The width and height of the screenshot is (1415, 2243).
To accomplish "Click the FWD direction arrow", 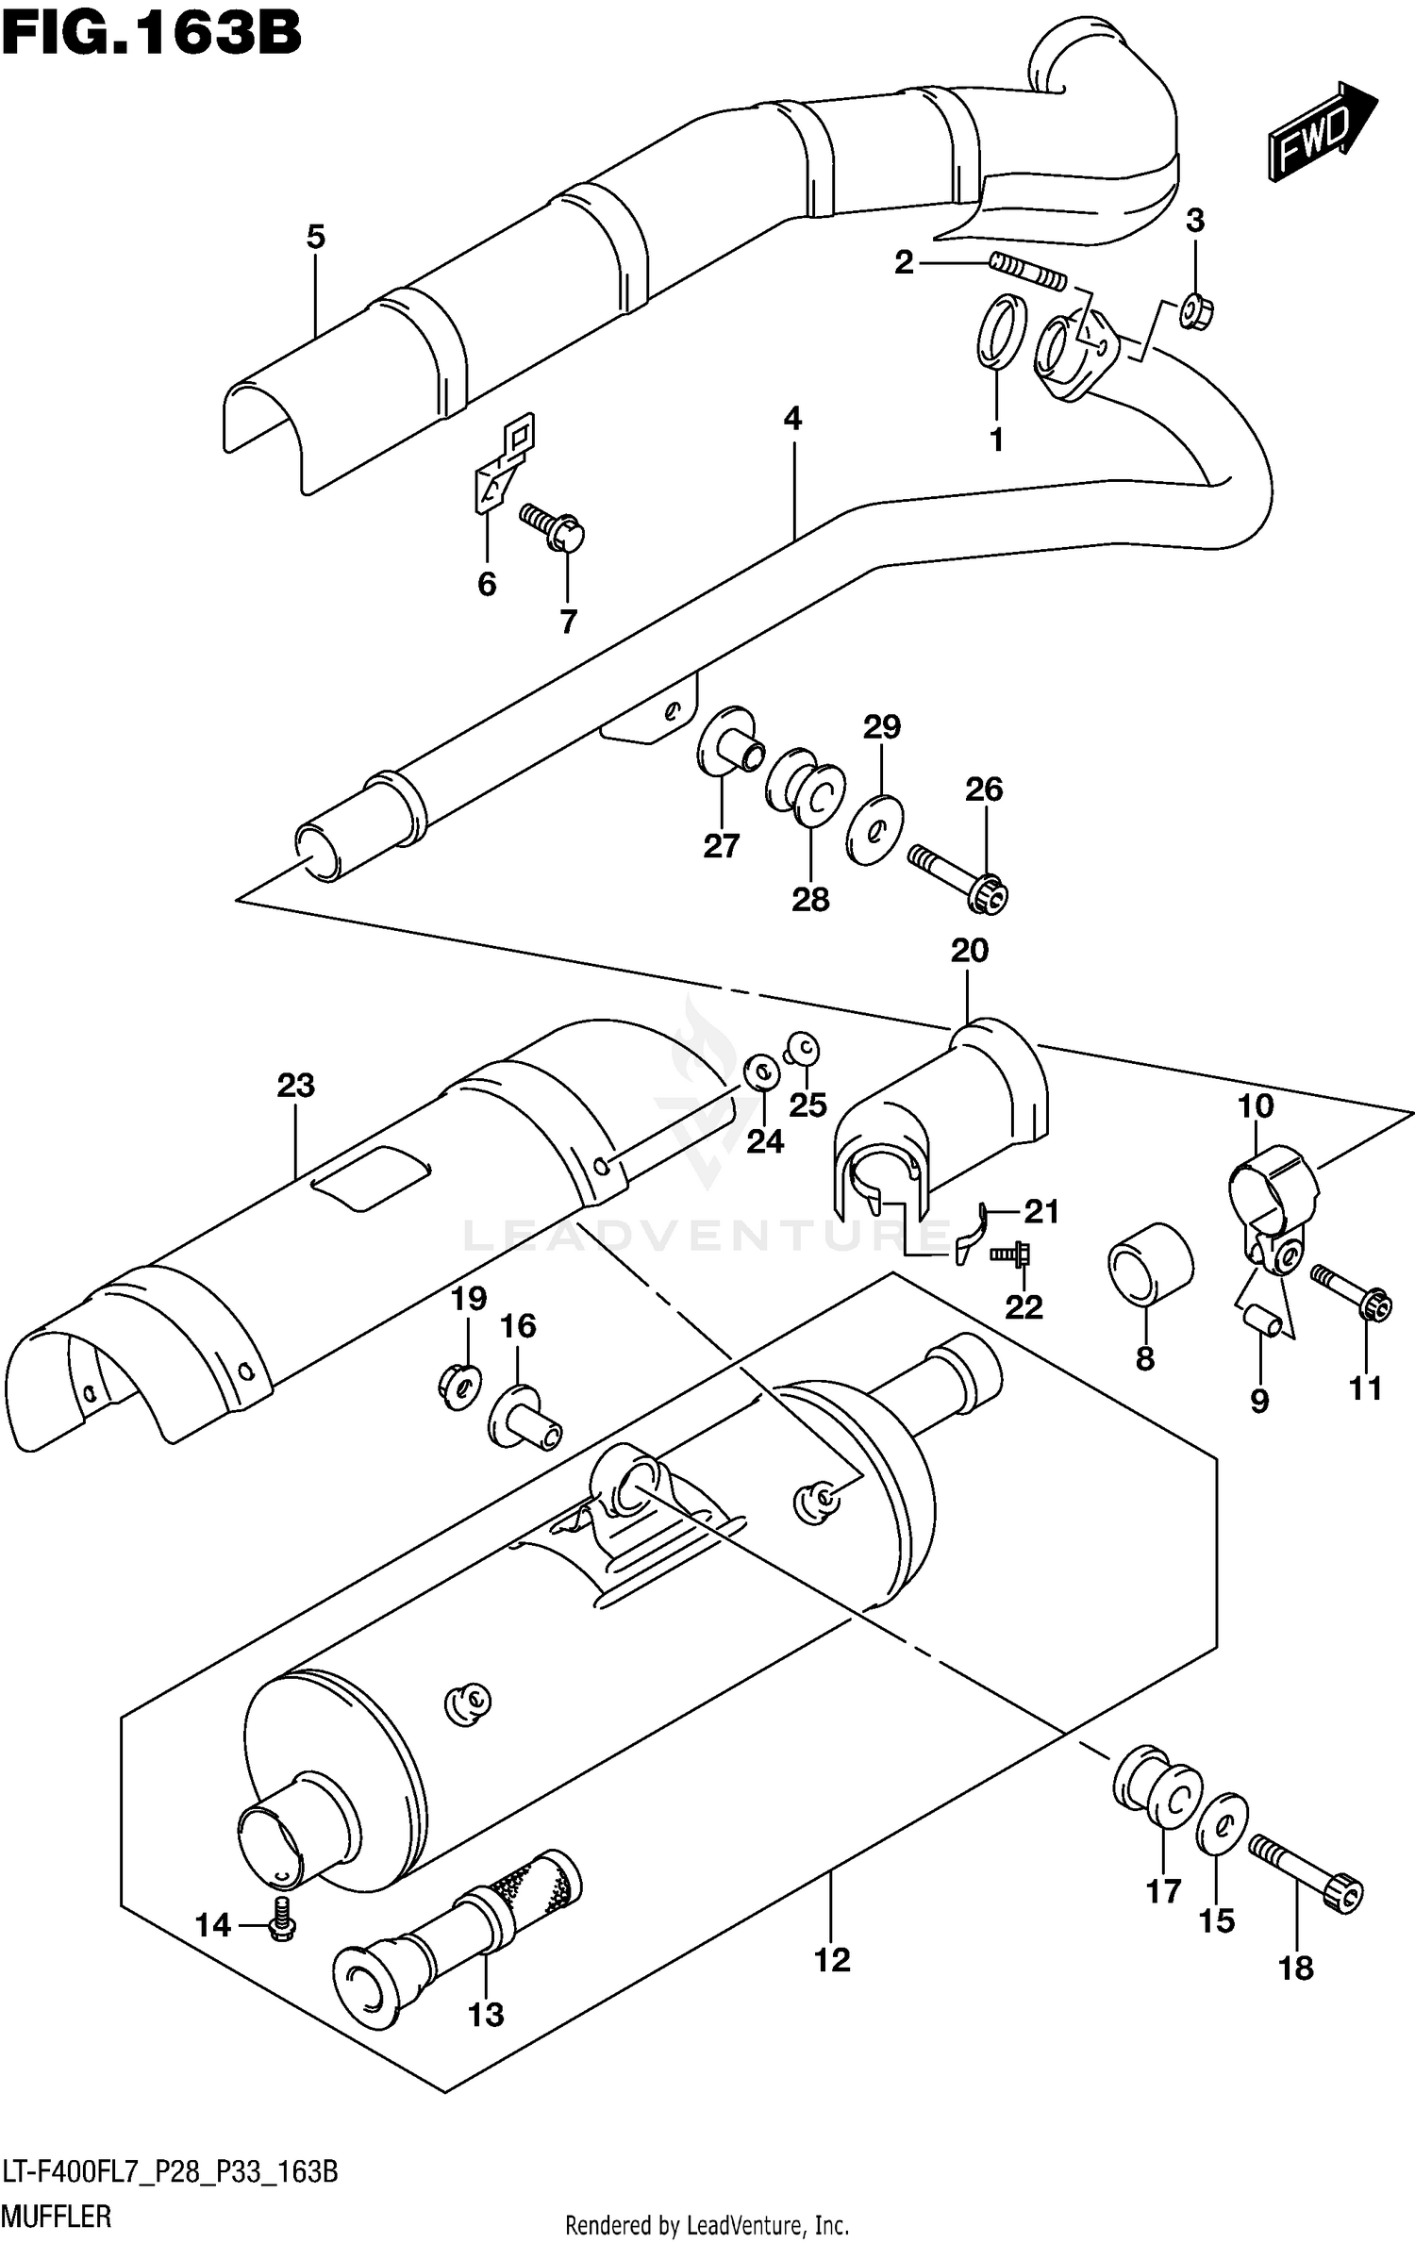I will [x=1320, y=131].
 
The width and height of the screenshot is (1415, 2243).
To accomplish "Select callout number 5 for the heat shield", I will [x=316, y=237].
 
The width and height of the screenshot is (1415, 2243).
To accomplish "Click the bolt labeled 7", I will [x=555, y=526].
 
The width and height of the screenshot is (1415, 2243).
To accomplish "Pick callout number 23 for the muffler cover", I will [x=295, y=1086].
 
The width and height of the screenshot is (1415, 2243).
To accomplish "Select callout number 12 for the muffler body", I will [x=831, y=1960].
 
